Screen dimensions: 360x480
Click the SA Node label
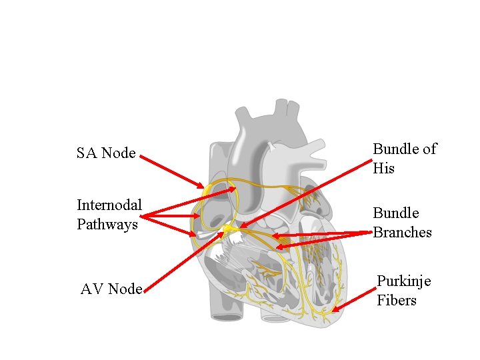pos(106,153)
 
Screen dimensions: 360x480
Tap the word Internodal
pos(109,205)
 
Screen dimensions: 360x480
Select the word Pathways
pos(107,224)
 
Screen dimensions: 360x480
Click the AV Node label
pos(111,289)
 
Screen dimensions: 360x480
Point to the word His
pos(384,169)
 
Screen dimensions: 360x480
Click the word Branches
pos(402,232)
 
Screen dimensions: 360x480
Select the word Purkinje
pos(404,281)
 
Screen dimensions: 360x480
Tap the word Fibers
pos(397,300)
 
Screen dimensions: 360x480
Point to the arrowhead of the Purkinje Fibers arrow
pos(334,310)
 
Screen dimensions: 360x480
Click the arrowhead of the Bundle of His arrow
pos(241,227)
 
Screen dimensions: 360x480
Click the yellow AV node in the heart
pos(229,229)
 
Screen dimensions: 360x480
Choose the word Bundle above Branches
pos(396,213)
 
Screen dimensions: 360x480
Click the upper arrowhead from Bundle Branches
pos(273,235)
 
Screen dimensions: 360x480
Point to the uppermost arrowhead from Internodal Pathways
pos(234,189)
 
